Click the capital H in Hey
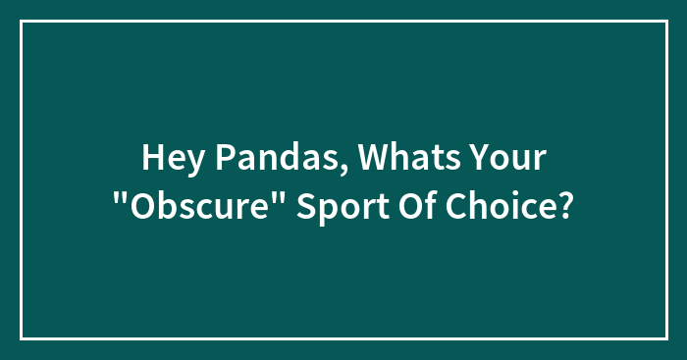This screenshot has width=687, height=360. click(152, 157)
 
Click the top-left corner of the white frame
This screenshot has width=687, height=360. click(21, 21)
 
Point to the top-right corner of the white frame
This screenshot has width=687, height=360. click(666, 21)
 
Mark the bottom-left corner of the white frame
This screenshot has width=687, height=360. click(21, 338)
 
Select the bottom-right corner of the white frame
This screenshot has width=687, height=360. click(666, 338)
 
